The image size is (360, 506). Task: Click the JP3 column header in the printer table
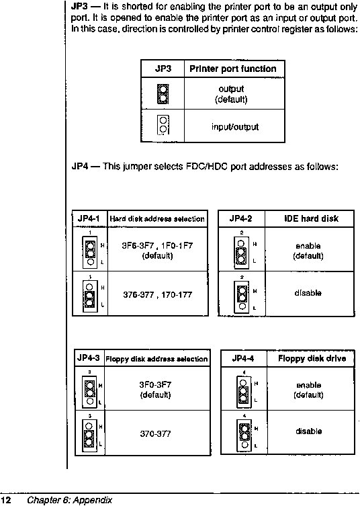coord(163,69)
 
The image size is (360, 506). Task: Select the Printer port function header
coord(233,69)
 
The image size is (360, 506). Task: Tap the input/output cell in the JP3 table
coord(235,126)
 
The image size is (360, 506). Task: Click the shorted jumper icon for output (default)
coord(163,94)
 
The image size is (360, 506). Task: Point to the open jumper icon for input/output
coord(163,125)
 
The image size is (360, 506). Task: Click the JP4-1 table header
coord(89,218)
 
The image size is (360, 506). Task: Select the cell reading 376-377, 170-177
coord(157,294)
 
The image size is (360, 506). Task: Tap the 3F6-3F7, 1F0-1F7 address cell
coord(157,251)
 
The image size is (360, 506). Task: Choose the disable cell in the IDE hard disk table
coord(308,293)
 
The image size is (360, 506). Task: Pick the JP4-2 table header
coord(240,218)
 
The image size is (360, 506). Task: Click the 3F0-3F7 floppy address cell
coord(155,390)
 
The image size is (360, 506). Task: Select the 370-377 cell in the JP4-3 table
coord(155,433)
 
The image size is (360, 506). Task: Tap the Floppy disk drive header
coord(312,359)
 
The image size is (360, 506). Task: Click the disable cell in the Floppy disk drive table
coord(309,431)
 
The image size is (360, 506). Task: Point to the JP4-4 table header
coord(243,358)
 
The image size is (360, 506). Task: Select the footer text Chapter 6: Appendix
coord(70,500)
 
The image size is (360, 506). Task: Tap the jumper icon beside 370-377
coord(90,434)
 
